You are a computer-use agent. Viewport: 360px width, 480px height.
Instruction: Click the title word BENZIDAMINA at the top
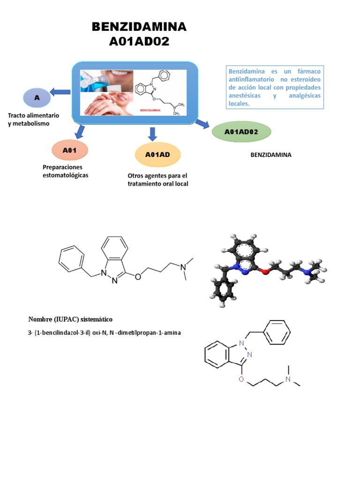click(x=139, y=27)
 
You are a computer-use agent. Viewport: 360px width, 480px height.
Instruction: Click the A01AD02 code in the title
click(x=139, y=42)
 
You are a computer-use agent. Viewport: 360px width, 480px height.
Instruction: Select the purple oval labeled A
click(x=36, y=97)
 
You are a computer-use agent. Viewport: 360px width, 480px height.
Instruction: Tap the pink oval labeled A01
click(x=69, y=150)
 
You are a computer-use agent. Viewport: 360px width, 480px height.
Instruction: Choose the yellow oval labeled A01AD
click(x=157, y=155)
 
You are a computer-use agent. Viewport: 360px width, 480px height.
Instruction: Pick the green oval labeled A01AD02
click(x=241, y=132)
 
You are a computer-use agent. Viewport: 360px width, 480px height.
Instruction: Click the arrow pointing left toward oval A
click(x=60, y=92)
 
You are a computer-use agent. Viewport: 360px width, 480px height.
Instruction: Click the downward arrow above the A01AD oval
click(x=152, y=134)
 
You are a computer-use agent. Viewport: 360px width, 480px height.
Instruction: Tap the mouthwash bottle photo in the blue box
click(x=96, y=80)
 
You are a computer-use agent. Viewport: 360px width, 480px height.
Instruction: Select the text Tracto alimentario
click(x=33, y=115)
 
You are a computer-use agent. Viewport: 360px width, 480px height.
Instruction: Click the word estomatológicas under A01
click(x=65, y=175)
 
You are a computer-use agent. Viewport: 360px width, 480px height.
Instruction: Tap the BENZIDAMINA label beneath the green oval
click(x=271, y=154)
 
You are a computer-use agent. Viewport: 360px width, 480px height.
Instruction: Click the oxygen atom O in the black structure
click(x=137, y=277)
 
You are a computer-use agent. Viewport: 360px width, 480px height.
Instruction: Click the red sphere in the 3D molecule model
click(x=266, y=270)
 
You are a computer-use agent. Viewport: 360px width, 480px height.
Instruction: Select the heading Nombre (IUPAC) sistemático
click(x=70, y=319)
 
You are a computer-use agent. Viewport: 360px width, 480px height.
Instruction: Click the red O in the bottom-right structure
click(x=241, y=379)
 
